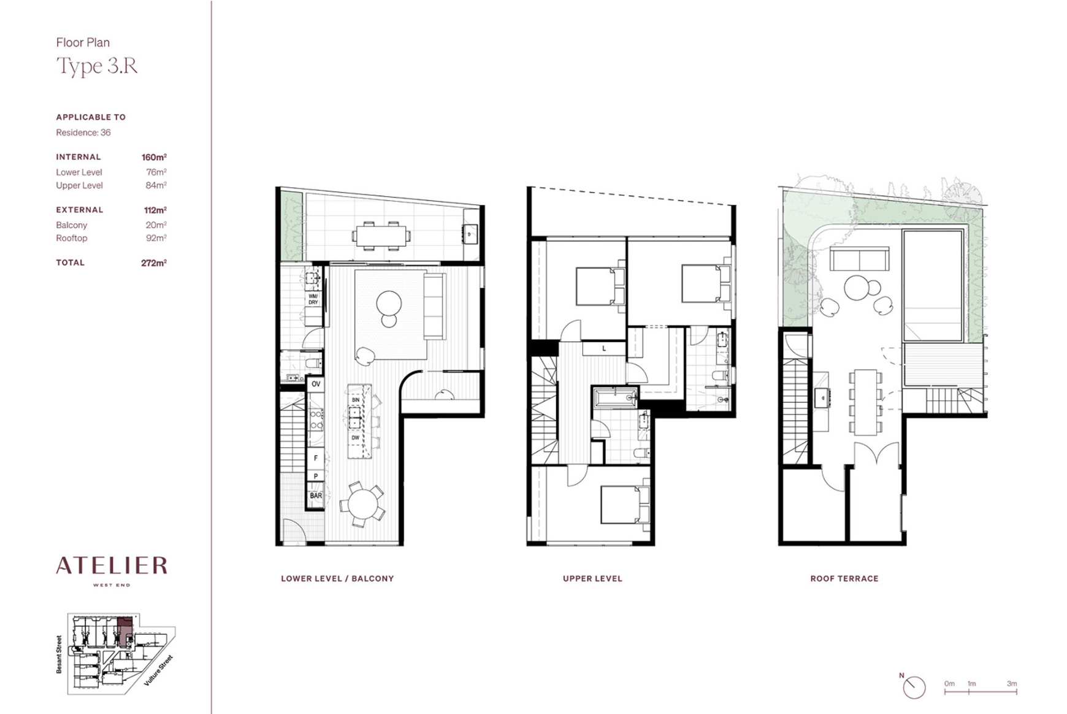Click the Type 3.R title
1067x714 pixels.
[97, 66]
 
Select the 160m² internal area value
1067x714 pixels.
[154, 157]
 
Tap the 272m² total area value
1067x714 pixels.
[154, 263]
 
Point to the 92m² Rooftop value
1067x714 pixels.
[156, 238]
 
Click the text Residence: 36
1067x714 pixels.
[83, 132]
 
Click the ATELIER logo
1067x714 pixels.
[112, 566]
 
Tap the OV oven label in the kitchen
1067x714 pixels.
[316, 384]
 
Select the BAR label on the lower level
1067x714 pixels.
[316, 496]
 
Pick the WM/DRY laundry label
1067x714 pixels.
[313, 299]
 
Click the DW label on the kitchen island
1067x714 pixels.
[356, 438]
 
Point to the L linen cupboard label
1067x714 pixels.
[604, 348]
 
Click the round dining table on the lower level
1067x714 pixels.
[363, 504]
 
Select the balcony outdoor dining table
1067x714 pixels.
[381, 236]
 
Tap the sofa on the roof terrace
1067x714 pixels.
[859, 258]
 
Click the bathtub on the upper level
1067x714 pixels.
[616, 398]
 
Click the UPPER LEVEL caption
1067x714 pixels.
[592, 578]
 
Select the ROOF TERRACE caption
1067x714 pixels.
[844, 578]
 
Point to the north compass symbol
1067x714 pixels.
[914, 686]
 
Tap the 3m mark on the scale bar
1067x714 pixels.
[1012, 683]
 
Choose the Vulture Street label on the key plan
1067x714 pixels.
[159, 670]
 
